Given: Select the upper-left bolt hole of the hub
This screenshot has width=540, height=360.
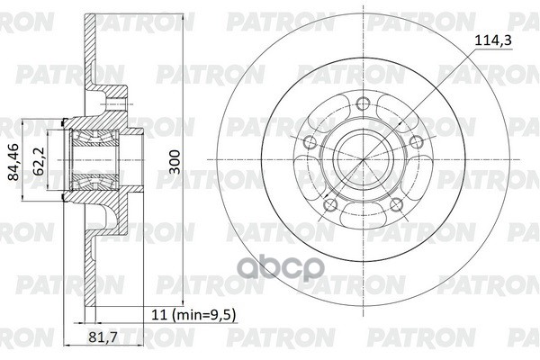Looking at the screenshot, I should [310, 139].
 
